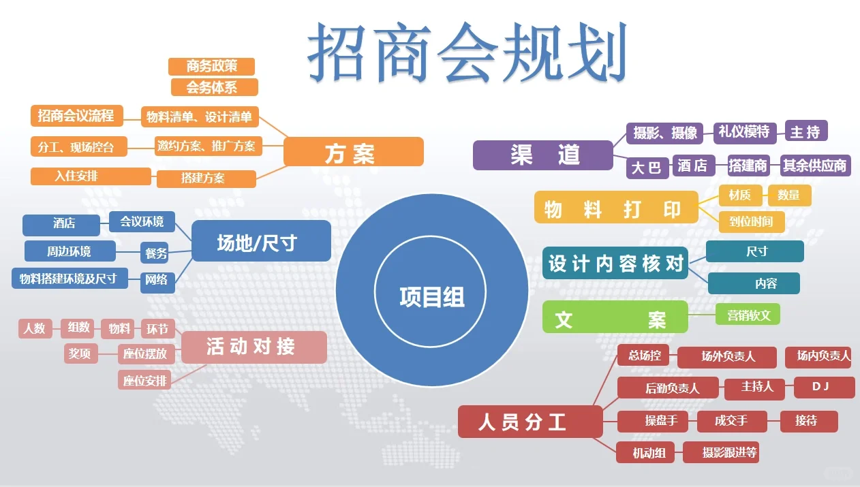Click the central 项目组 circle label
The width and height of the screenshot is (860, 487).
tap(431, 297)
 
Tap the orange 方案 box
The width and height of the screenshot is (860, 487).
tap(353, 152)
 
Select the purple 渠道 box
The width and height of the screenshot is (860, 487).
tap(543, 155)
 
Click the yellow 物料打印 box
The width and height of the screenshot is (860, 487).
tap(616, 207)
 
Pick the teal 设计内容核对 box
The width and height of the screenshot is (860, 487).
tap(615, 263)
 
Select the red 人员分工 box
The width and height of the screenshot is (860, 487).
tap(529, 422)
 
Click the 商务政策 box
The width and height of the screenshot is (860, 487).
tap(211, 67)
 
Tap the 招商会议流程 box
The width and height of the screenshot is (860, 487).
tap(76, 116)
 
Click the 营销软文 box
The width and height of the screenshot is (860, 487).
tap(748, 314)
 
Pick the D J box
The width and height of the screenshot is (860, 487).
tap(824, 387)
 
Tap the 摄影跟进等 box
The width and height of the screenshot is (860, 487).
tap(730, 452)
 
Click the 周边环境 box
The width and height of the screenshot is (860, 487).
tap(69, 251)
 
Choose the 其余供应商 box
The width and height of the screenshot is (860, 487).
tap(815, 166)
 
